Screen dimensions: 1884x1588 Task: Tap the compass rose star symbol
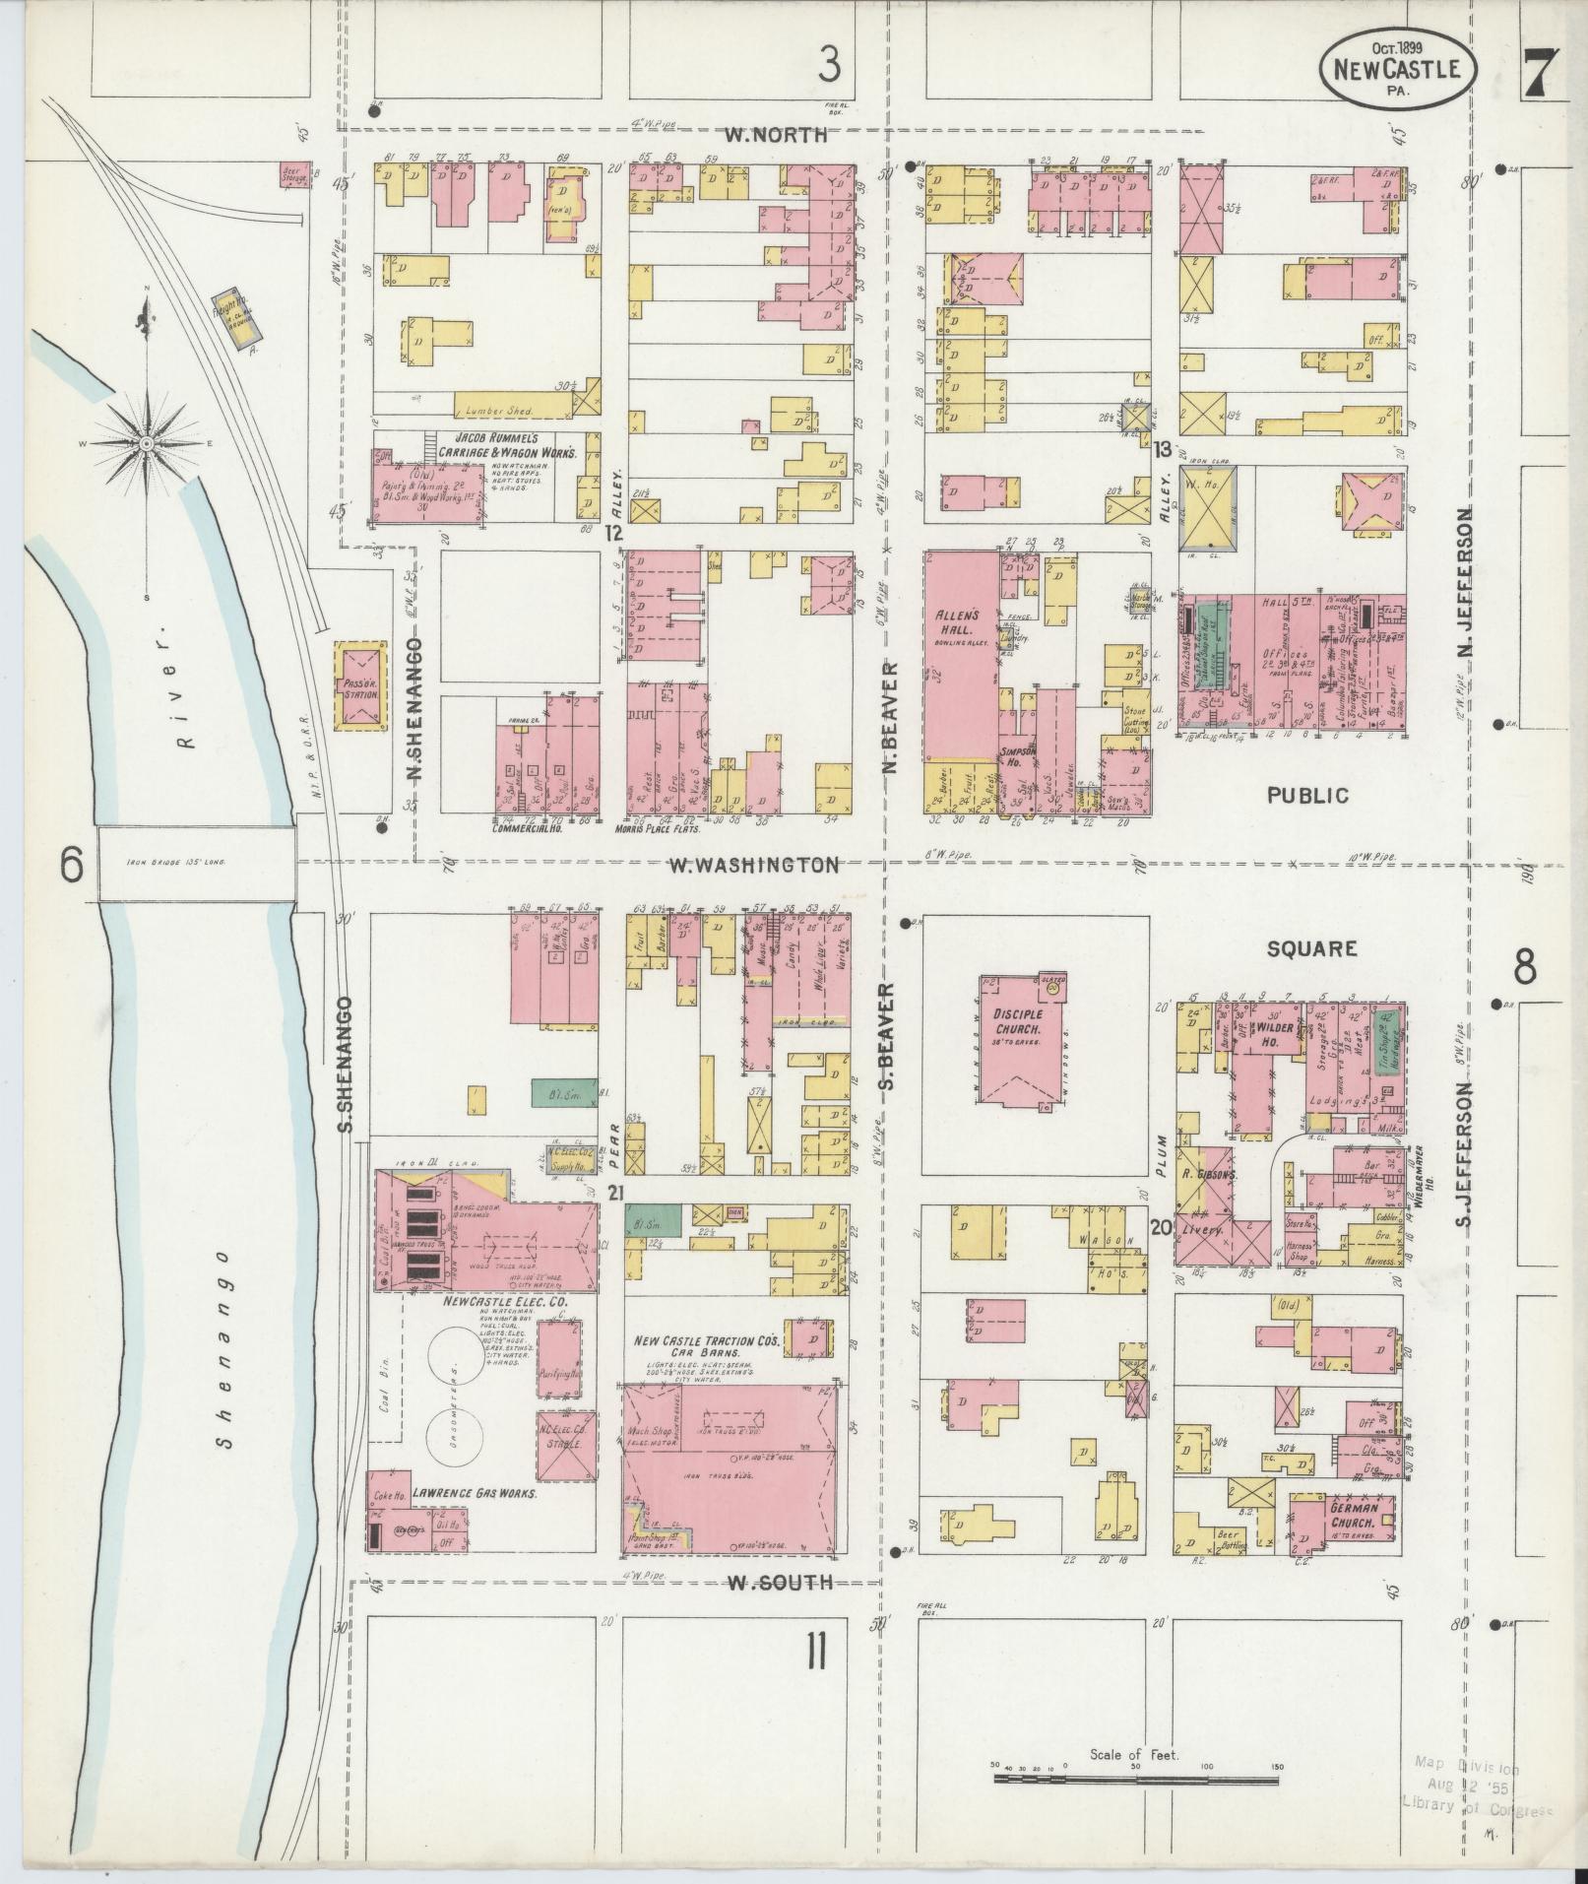pos(147,443)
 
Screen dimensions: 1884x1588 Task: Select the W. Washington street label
pos(754,865)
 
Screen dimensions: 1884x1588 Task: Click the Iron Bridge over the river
pos(196,862)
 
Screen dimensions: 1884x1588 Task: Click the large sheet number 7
pos(1543,74)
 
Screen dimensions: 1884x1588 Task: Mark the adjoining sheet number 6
pos(70,866)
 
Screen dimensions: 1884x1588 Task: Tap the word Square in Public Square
pos(1311,948)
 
